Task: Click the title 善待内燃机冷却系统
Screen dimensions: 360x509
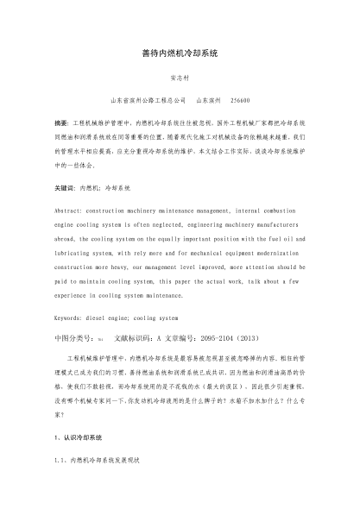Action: pos(180,53)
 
